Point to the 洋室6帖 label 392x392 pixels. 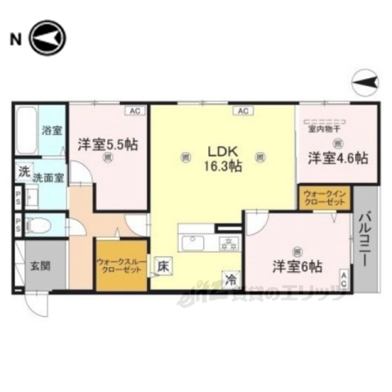(x=296, y=266)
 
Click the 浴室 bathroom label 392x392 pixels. (x=51, y=129)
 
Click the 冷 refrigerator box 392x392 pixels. (x=233, y=278)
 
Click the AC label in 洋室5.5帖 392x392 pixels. (x=131, y=110)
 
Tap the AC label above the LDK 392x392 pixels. (x=242, y=110)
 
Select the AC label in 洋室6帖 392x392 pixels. (x=344, y=280)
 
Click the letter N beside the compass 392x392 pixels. (x=15, y=38)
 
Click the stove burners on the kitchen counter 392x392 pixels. (x=229, y=243)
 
